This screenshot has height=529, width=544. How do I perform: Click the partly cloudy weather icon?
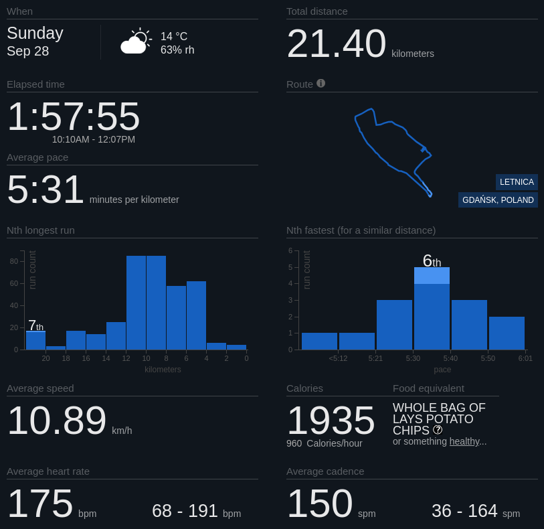tap(135, 42)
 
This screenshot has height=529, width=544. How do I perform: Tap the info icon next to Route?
tap(321, 83)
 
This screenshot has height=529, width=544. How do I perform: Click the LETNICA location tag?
tap(517, 182)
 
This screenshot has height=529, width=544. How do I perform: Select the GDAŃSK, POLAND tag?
tap(498, 200)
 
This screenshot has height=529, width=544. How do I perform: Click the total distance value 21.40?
tap(336, 44)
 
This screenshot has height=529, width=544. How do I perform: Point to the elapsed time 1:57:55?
tap(74, 116)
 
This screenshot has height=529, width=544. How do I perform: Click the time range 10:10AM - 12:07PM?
tap(94, 139)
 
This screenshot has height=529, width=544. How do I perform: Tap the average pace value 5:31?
tap(46, 190)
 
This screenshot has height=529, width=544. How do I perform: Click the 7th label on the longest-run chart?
tap(35, 326)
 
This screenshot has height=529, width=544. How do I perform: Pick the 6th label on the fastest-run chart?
tap(432, 260)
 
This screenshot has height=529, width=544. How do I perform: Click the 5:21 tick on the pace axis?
tap(375, 358)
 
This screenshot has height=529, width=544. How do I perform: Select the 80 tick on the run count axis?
tap(14, 261)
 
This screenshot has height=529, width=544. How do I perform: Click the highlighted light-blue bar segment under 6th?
tap(432, 275)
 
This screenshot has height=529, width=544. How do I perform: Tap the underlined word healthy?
tap(464, 441)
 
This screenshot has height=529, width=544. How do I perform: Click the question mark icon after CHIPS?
tap(438, 430)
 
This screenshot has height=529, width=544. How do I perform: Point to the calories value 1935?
tap(331, 421)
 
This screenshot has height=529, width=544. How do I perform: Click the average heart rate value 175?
tap(40, 504)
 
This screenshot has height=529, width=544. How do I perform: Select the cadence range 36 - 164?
tap(464, 511)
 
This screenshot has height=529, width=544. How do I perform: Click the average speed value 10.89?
tap(57, 421)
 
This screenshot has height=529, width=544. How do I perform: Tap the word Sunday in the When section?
tap(35, 33)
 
